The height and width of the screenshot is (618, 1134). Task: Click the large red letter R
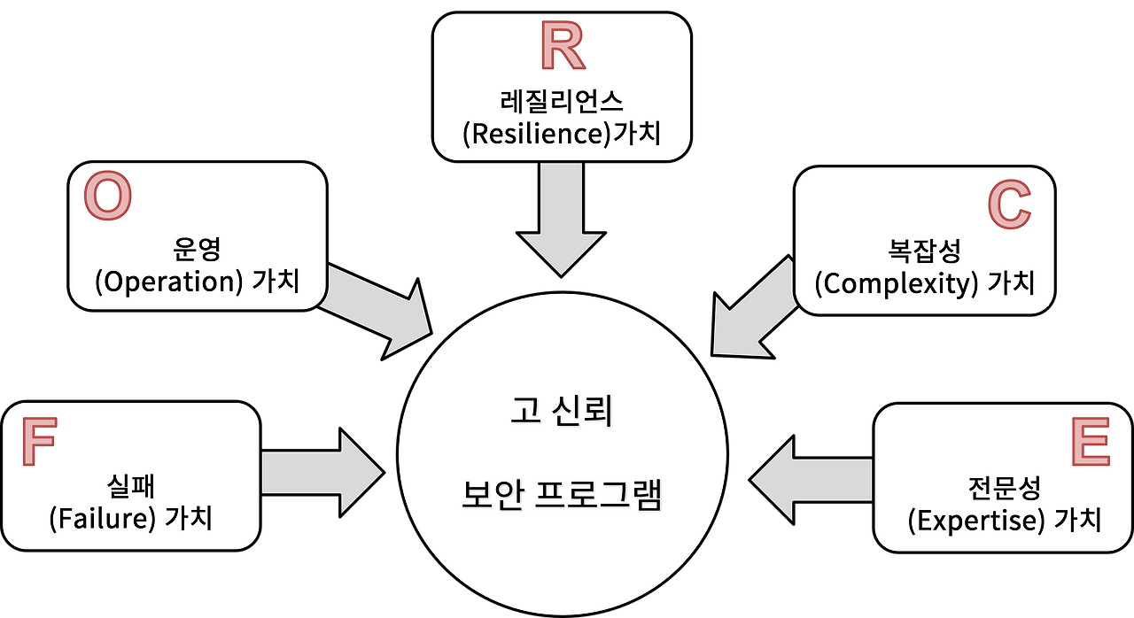pyautogui.click(x=563, y=48)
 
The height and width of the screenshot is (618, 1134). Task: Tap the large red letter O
pyautogui.click(x=107, y=197)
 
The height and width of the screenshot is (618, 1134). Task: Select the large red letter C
pyautogui.click(x=1009, y=205)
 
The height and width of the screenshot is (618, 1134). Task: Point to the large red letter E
pyautogui.click(x=1090, y=442)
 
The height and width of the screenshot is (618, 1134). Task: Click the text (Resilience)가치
pyautogui.click(x=562, y=134)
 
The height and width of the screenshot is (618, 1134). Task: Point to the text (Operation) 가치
pyautogui.click(x=197, y=282)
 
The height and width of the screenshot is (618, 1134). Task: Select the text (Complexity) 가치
pyautogui.click(x=924, y=283)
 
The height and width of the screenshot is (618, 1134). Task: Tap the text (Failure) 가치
pyautogui.click(x=131, y=517)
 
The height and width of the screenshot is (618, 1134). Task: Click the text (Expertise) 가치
pyautogui.click(x=1005, y=519)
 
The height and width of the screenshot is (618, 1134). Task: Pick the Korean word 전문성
pyautogui.click(x=1004, y=486)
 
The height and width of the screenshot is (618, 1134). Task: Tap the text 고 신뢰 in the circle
pyautogui.click(x=561, y=413)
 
